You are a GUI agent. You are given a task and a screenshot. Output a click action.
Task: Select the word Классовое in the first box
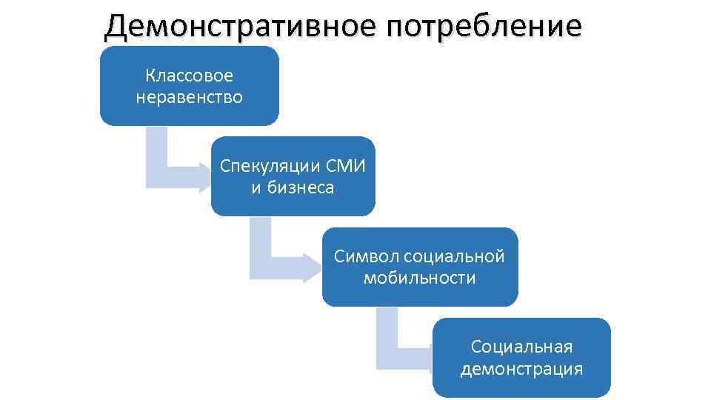point(189,76)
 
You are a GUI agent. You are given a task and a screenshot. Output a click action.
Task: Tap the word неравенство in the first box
point(189,97)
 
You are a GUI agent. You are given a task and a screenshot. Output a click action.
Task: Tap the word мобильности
point(419,278)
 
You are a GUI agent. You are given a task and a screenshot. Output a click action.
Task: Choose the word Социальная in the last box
point(521,347)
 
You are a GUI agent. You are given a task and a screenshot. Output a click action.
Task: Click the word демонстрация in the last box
point(521,368)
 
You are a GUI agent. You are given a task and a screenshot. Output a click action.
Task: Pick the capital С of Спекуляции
point(225,166)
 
